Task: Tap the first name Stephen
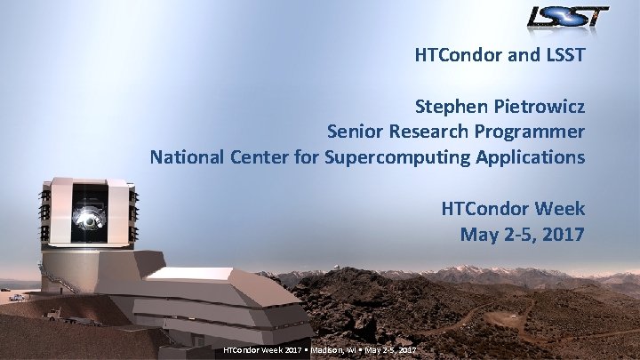[451, 107]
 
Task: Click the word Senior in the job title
[356, 132]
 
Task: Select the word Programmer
[530, 132]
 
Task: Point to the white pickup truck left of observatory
[53, 313]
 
